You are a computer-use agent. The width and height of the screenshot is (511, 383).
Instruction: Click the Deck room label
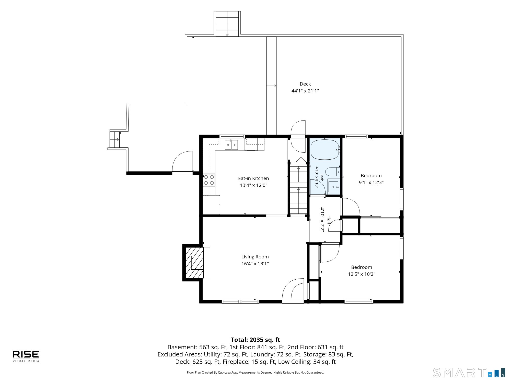[x=305, y=84]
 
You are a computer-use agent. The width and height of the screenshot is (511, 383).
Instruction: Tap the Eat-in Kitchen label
[x=253, y=178]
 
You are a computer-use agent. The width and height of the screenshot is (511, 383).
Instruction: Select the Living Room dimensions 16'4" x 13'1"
[x=255, y=264]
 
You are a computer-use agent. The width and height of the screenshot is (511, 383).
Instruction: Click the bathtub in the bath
[x=325, y=150]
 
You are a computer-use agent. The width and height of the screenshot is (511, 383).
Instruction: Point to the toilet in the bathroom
[x=333, y=172]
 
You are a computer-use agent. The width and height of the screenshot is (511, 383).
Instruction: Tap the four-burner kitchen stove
[x=209, y=180]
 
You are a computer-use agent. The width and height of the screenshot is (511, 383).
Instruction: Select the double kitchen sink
[x=231, y=145]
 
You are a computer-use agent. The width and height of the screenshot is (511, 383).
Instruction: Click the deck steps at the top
[x=227, y=24]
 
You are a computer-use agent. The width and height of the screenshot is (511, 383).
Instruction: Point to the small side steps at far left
[x=114, y=139]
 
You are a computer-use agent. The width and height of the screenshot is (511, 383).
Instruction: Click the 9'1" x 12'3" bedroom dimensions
[x=371, y=182]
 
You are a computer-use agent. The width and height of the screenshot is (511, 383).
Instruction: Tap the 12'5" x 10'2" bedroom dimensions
[x=361, y=274]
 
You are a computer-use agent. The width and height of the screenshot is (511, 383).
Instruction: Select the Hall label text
[x=329, y=220]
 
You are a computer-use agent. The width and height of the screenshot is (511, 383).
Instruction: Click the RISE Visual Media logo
[x=26, y=356]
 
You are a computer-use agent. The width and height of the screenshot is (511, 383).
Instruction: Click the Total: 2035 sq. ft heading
[x=255, y=340]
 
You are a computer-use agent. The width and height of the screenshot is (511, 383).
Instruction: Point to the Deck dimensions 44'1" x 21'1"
[x=305, y=91]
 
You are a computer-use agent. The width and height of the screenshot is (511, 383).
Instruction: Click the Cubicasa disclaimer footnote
[x=255, y=373]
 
